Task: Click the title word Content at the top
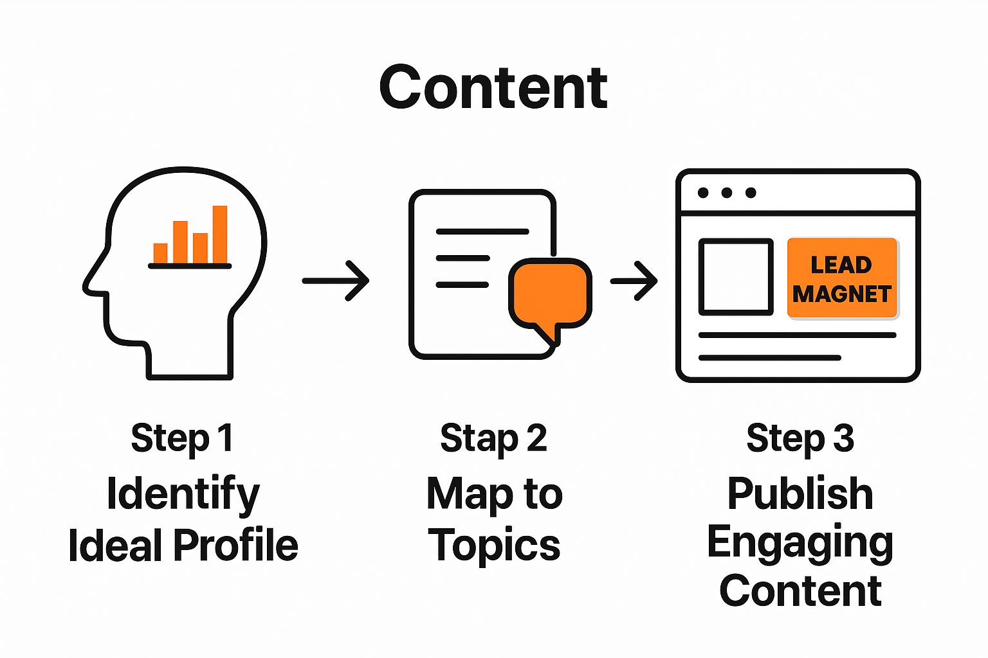(x=493, y=88)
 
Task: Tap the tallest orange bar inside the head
(x=220, y=234)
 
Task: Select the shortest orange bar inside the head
(x=160, y=253)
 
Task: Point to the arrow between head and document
(x=336, y=280)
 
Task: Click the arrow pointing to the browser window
(x=634, y=280)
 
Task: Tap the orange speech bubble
(x=549, y=292)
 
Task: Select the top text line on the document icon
(x=482, y=231)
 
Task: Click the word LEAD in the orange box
(x=841, y=265)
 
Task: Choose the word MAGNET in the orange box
(x=841, y=294)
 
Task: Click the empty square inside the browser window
(x=736, y=277)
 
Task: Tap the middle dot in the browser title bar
(x=727, y=193)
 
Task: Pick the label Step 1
(x=182, y=438)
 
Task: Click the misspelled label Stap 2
(x=493, y=438)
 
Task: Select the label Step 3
(x=800, y=438)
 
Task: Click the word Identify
(x=183, y=494)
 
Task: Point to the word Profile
(x=235, y=545)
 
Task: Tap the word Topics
(x=494, y=546)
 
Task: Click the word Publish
(x=800, y=493)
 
